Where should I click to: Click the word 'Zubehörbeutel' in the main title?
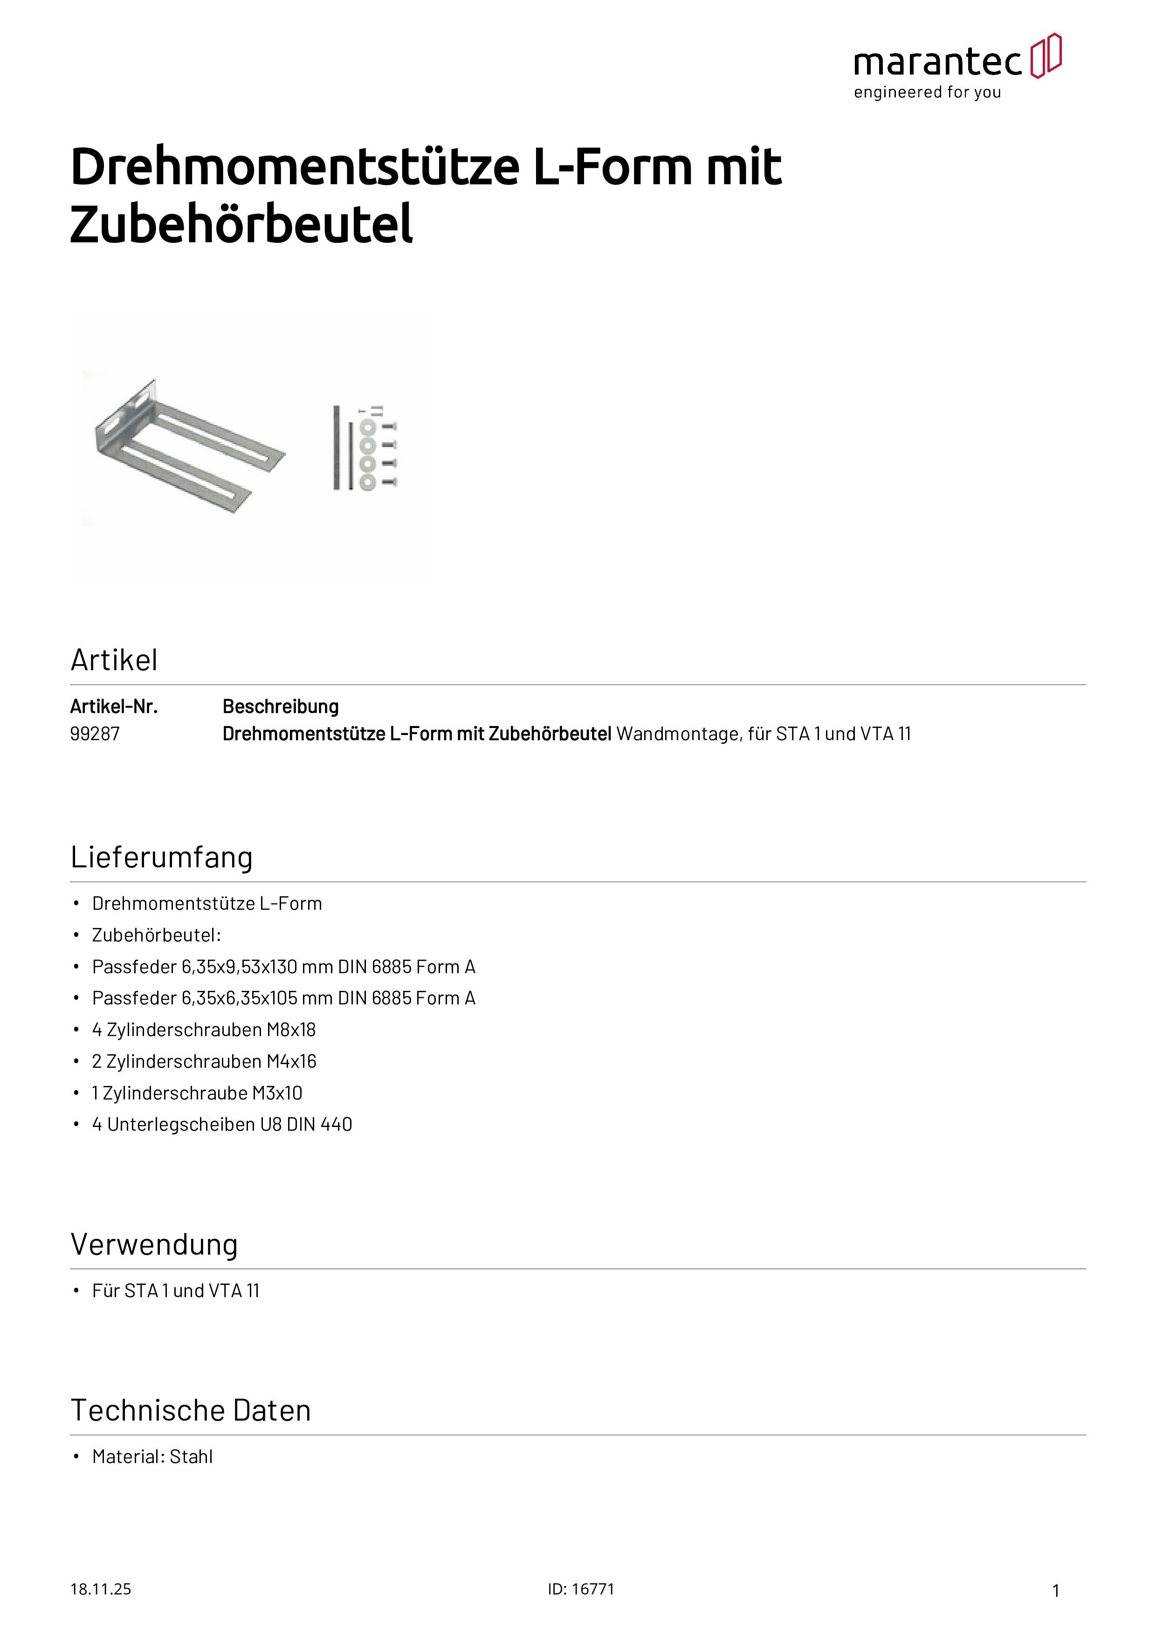(241, 224)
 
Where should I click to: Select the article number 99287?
(95, 734)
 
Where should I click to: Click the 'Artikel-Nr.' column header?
(114, 707)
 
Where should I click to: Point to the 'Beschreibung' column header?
(281, 707)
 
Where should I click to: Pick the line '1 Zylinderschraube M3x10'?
(197, 1093)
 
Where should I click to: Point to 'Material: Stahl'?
(152, 1457)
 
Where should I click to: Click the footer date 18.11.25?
(100, 1589)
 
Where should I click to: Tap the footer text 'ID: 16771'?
(580, 1589)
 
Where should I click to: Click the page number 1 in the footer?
(1056, 1591)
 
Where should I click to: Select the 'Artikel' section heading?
(114, 660)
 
